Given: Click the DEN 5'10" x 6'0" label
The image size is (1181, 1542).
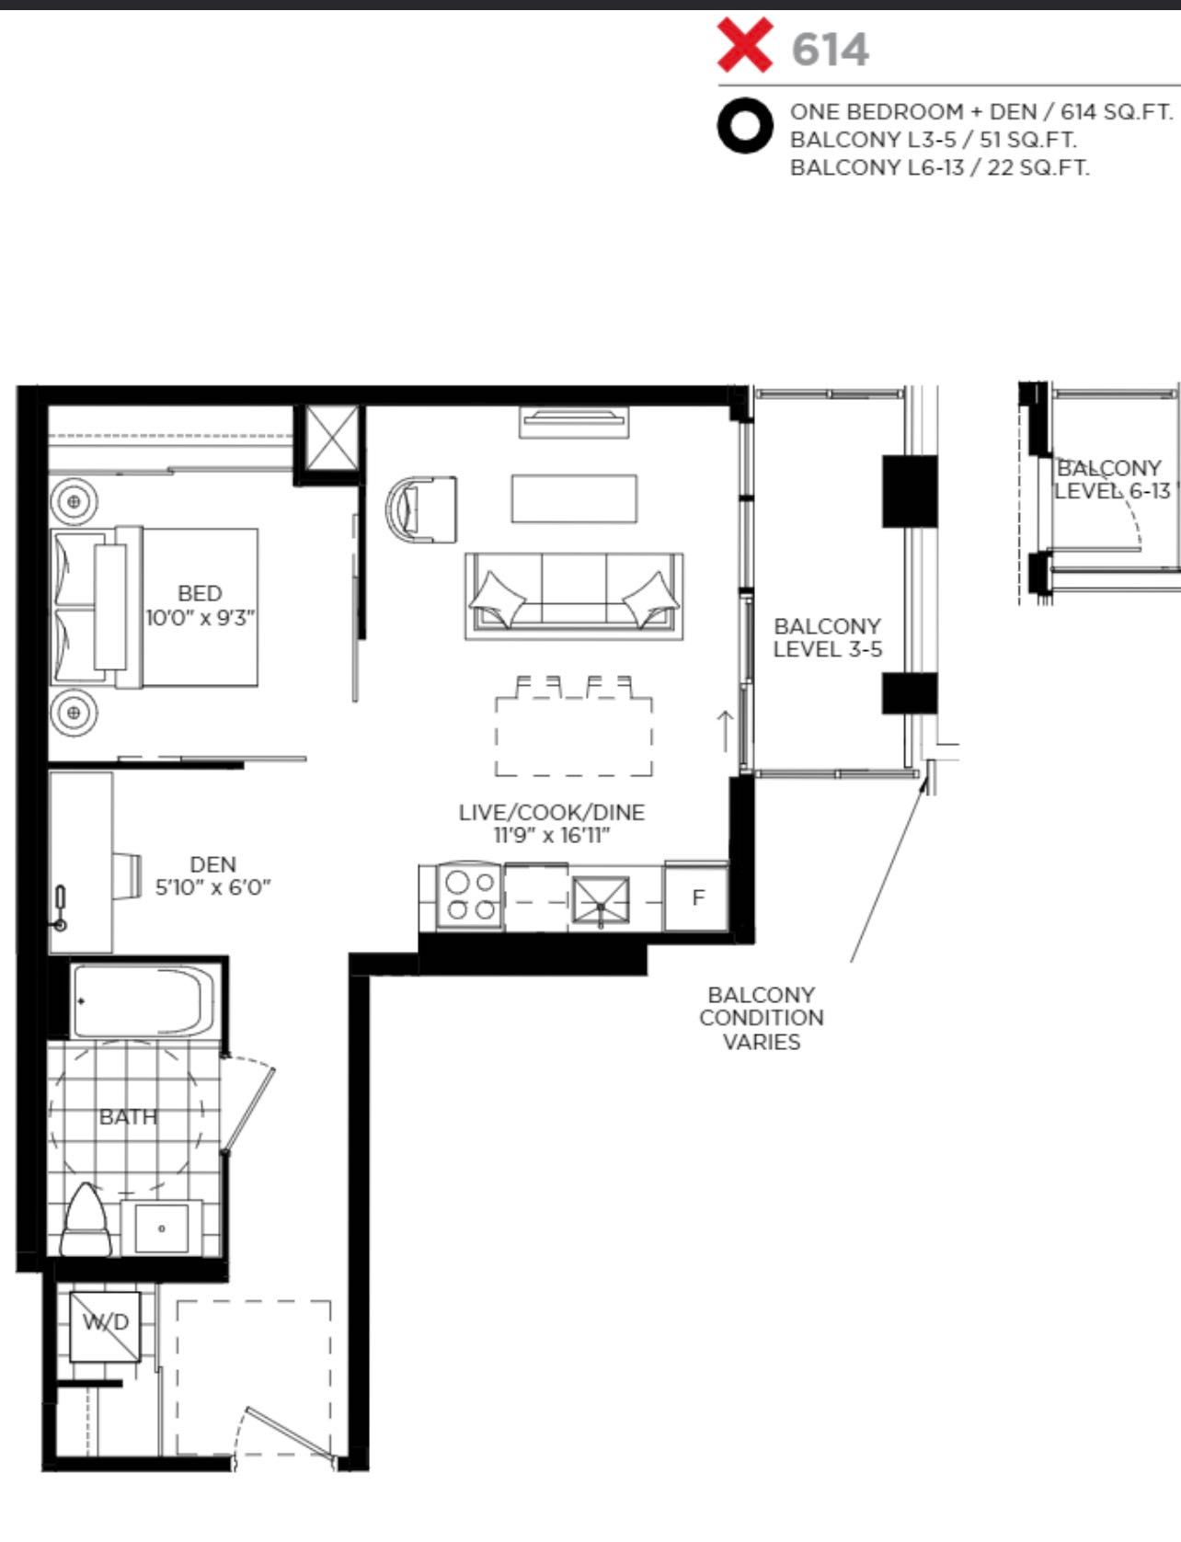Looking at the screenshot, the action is pos(212,875).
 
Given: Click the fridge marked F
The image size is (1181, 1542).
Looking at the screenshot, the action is pos(696,897).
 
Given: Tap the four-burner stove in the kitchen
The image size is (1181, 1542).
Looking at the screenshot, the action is pos(470,897).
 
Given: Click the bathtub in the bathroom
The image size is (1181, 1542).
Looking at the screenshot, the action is pos(144,1001).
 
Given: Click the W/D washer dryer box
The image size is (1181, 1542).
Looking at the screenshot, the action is pos(106,1326).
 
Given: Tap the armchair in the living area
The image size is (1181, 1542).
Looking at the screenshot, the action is pos(421,509).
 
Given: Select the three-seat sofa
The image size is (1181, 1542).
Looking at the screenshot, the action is pos(574,596).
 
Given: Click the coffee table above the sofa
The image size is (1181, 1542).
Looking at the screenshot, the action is pos(574,497).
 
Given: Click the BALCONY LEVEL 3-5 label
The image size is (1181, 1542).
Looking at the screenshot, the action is pos(827,637).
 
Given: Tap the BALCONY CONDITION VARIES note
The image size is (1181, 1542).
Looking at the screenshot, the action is pos(762,1018).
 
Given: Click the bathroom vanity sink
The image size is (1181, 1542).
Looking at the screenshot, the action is pos(162,1228).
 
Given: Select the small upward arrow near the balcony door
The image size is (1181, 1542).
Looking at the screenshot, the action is pos(725,731).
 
